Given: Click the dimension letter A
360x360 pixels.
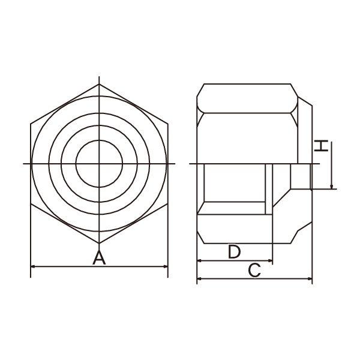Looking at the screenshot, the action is pos(99,258).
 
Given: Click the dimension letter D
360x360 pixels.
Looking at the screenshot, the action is pos(234,251).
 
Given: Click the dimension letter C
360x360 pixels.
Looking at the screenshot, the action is pos(254,270).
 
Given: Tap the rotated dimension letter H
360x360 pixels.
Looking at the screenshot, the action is pos(321,145).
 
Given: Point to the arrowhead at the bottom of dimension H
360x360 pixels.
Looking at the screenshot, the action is pos(332,187).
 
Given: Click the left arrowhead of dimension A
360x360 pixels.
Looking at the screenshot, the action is pos(33,266).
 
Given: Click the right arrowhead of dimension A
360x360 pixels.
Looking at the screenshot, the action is pos(166,266).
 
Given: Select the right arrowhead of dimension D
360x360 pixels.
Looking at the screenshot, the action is pos(270,260).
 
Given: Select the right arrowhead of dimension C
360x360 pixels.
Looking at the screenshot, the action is pos(310,279).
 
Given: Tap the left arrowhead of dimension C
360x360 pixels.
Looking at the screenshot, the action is pos(200,279).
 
